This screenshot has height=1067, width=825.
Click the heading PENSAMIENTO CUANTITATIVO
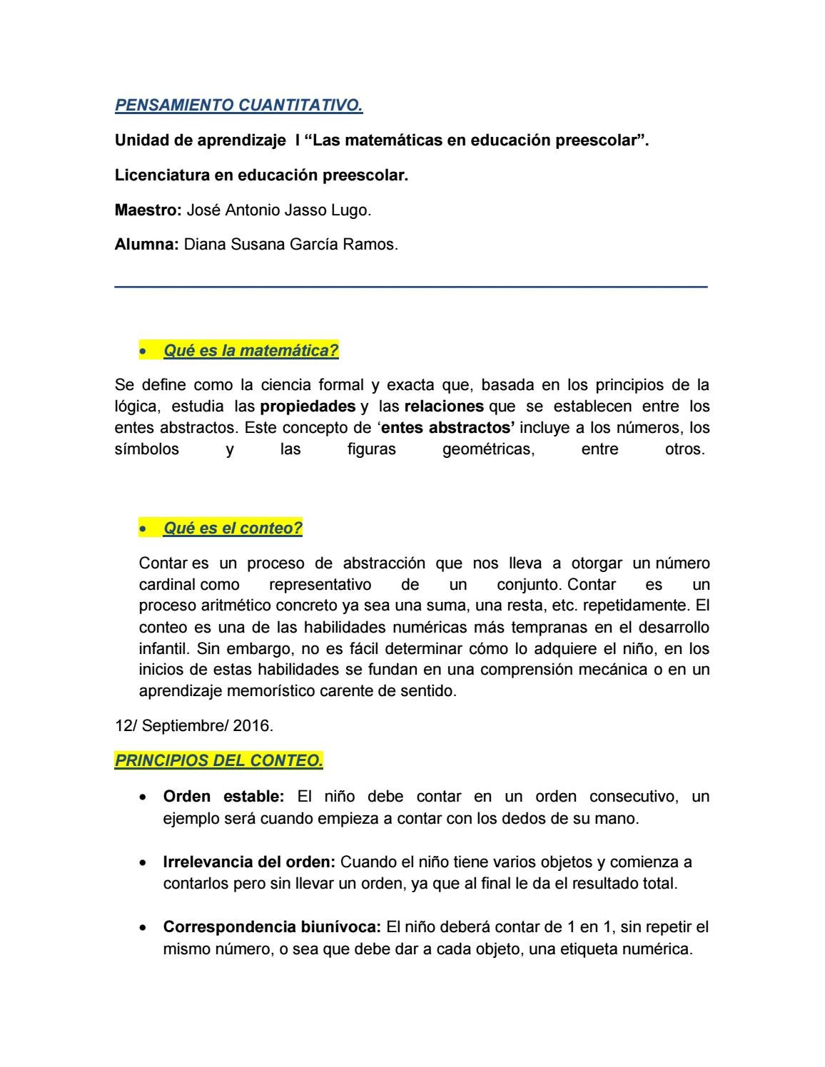(x=238, y=106)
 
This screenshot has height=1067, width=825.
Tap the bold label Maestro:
(x=148, y=210)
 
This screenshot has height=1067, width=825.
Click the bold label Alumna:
(x=146, y=244)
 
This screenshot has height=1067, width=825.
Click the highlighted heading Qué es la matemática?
(x=250, y=351)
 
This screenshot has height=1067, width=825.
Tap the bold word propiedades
(x=308, y=407)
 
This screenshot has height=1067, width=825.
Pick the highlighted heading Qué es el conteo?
(x=233, y=529)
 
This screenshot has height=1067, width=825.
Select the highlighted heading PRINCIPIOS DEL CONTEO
(x=218, y=761)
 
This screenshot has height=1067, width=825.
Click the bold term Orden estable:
(x=223, y=797)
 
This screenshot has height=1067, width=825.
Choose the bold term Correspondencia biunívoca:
(x=272, y=927)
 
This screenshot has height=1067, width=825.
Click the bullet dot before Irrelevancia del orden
(x=144, y=862)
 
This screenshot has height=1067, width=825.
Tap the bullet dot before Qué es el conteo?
(x=144, y=529)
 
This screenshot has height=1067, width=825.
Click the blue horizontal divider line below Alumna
(x=411, y=287)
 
